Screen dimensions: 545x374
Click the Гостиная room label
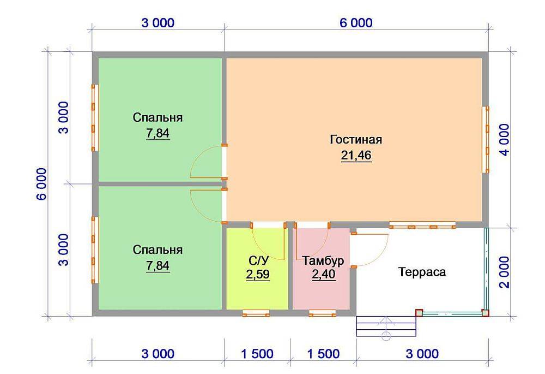[356, 139]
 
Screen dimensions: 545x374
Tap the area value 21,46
[356, 155]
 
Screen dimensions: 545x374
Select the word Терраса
[422, 272]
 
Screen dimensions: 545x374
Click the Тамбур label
[323, 261]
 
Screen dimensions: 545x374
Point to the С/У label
[258, 260]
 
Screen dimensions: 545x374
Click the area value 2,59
[258, 275]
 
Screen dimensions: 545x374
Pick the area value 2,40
[324, 275]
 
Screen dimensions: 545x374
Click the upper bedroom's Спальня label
[158, 118]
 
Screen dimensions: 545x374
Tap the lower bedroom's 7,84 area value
[158, 266]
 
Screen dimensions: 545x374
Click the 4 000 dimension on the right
[505, 140]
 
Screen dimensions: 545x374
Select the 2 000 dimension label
[505, 272]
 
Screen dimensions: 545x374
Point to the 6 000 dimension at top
[356, 23]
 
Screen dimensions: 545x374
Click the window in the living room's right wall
[485, 140]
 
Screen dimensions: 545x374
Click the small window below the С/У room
[256, 313]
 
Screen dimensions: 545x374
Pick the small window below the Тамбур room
[323, 313]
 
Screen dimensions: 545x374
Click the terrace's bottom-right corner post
[485, 313]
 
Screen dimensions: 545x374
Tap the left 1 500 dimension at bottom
[257, 354]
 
